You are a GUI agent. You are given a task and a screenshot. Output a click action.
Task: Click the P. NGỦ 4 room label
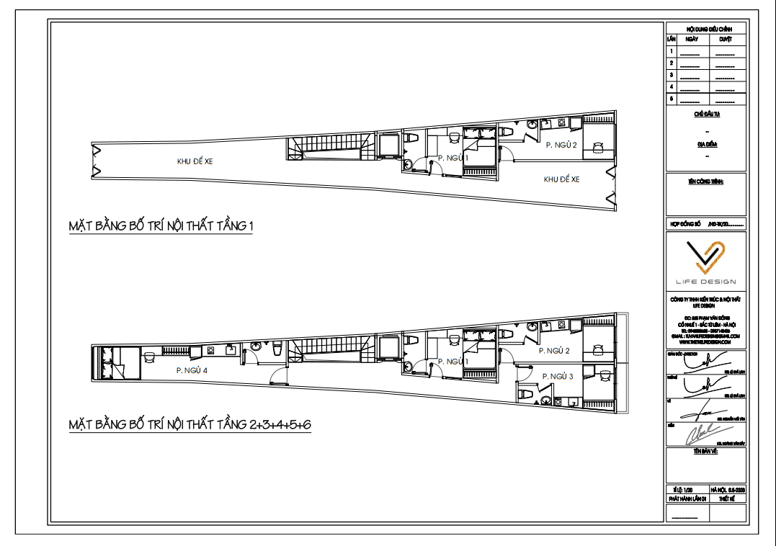point(192,370)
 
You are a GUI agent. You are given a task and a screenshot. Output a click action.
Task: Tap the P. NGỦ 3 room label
point(557,377)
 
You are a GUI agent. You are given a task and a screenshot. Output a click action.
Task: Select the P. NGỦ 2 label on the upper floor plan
point(562,146)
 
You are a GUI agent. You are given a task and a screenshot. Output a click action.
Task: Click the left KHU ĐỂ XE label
point(195,161)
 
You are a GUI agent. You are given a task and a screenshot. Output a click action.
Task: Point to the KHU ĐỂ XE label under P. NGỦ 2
point(561,179)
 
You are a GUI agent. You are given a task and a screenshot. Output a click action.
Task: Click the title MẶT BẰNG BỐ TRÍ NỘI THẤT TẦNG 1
point(161,227)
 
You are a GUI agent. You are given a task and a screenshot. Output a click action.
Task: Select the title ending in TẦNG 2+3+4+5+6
point(189,424)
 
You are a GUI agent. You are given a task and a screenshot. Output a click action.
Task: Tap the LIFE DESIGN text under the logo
point(705,282)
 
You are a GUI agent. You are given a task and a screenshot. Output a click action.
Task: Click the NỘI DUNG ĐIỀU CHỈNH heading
point(705,28)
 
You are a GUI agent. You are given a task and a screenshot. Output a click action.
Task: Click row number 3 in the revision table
point(671,75)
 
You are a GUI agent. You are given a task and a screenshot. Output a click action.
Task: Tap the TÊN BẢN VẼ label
point(706,451)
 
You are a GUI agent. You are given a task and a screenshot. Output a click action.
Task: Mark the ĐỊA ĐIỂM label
point(707,144)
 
